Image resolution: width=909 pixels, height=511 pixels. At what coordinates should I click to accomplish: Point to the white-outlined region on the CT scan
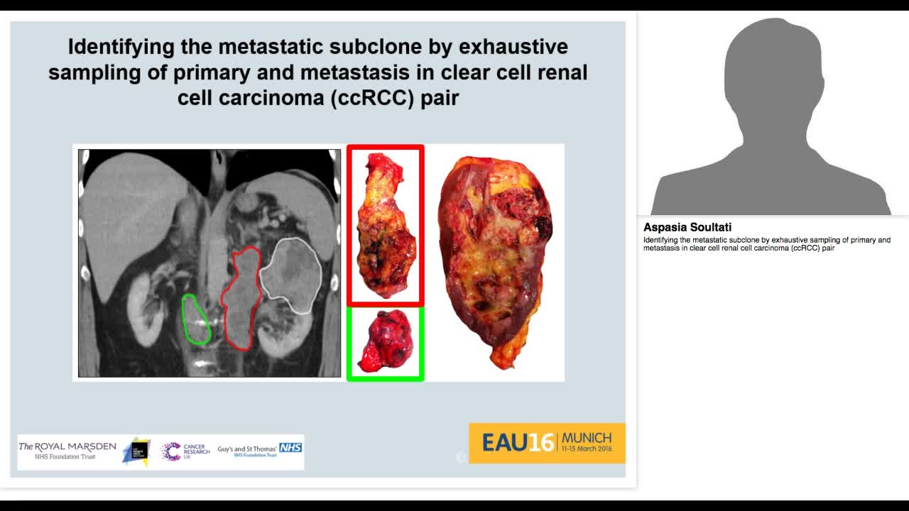point(290,274)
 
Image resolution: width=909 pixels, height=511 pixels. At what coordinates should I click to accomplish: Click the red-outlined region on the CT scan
point(241,298)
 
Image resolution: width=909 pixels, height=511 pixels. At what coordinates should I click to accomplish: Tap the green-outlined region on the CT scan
point(195,319)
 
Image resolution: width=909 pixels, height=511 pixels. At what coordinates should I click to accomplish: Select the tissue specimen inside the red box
point(385,226)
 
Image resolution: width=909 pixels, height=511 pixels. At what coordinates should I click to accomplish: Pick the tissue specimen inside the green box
point(385,341)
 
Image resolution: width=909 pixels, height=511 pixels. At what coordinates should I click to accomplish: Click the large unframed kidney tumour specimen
point(494,259)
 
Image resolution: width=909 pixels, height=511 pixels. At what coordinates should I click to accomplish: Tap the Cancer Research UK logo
point(185,451)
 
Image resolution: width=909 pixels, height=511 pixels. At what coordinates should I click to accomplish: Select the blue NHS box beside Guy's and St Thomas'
point(290,447)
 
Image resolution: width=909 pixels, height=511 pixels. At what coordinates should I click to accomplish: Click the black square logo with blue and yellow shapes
point(136,451)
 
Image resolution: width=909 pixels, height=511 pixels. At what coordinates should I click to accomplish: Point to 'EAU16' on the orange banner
point(517,443)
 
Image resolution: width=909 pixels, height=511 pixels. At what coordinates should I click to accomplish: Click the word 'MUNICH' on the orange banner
point(587,437)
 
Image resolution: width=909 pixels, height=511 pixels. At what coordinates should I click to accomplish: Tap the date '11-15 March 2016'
point(587,449)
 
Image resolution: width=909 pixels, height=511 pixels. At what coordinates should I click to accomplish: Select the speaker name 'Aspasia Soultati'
point(687,228)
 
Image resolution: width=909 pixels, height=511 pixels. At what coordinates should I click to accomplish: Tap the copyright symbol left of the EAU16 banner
point(461,457)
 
